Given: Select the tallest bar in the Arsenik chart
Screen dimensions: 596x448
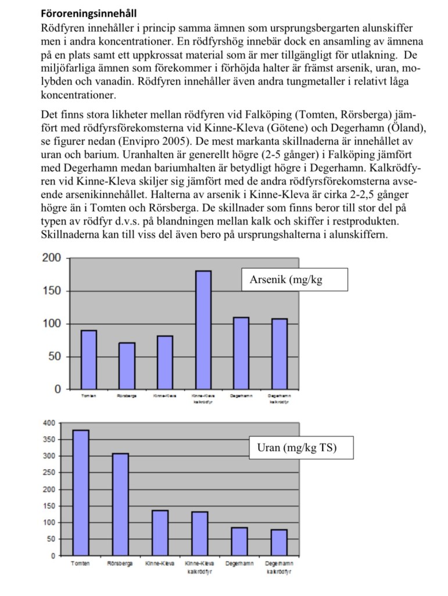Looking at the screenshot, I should pyautogui.click(x=203, y=330).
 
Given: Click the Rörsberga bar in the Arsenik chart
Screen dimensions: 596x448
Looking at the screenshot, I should pyautogui.click(x=127, y=366).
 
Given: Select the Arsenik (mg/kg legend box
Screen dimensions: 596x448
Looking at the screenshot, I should pyautogui.click(x=294, y=279).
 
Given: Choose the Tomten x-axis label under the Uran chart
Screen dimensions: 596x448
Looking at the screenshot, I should pyautogui.click(x=80, y=564).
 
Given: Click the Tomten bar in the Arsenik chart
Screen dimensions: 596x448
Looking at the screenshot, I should pyautogui.click(x=89, y=360).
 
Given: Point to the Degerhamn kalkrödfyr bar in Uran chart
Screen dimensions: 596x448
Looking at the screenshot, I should pyautogui.click(x=279, y=542).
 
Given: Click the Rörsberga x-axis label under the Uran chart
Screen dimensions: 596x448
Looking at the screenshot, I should pyautogui.click(x=120, y=564).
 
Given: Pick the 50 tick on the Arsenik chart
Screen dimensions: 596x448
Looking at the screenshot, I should pyautogui.click(x=55, y=357).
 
